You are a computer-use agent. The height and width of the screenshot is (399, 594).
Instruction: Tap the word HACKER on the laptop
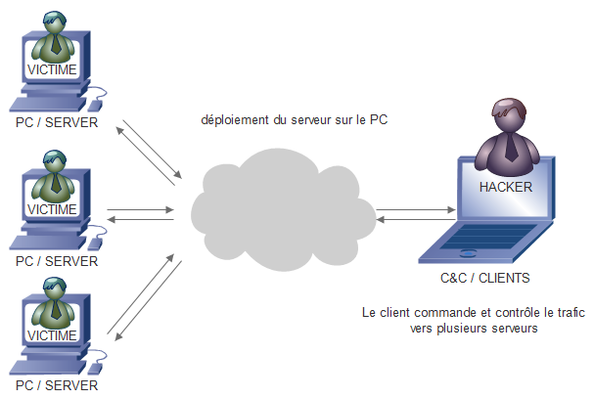pyautogui.click(x=506, y=186)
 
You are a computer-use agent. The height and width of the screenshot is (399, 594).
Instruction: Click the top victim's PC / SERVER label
pyautogui.click(x=57, y=124)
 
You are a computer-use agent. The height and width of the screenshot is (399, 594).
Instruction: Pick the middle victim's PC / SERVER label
pyautogui.click(x=57, y=261)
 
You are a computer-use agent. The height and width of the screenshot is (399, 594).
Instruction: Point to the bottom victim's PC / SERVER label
pyautogui.click(x=57, y=385)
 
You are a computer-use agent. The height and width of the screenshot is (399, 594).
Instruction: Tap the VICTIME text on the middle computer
pyautogui.click(x=52, y=208)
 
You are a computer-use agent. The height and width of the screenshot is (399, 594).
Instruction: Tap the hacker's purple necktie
pyautogui.click(x=510, y=146)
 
